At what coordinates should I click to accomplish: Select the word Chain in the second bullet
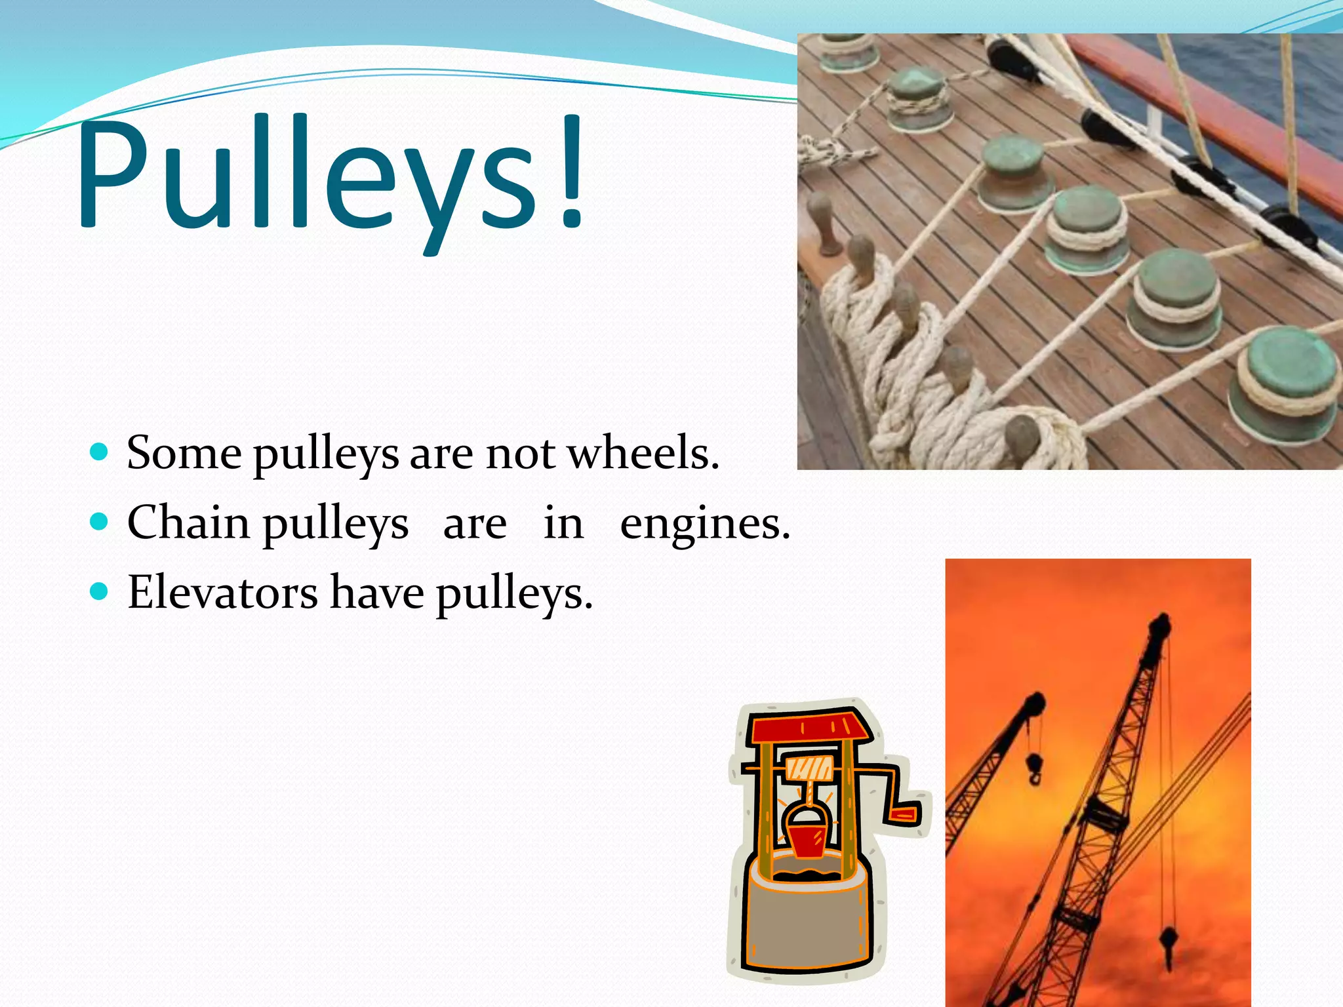188,523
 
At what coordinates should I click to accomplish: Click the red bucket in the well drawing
806,840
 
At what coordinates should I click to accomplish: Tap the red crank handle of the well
904,815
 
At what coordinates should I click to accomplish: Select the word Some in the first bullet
184,453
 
